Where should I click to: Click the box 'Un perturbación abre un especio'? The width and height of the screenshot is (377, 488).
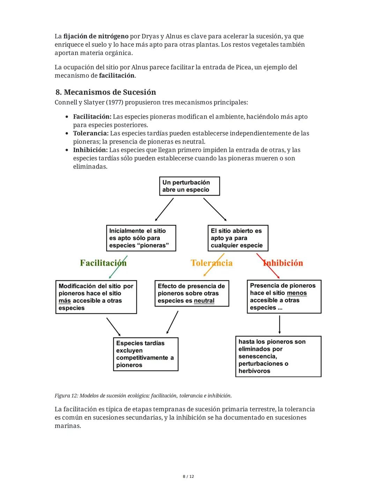click(x=190, y=186)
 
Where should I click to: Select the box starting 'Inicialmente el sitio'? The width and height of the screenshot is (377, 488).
click(x=141, y=238)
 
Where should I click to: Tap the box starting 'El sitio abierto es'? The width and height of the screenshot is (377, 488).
click(x=238, y=238)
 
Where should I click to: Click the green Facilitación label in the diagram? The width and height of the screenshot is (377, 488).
click(x=103, y=263)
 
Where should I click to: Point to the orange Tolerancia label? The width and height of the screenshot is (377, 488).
click(x=212, y=263)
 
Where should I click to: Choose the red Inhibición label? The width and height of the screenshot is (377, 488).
click(x=283, y=263)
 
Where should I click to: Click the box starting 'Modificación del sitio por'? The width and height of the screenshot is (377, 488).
click(x=96, y=297)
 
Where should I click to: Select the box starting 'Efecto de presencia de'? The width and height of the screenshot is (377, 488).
click(x=192, y=293)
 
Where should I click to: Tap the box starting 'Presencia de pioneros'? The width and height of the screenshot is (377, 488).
click(x=284, y=297)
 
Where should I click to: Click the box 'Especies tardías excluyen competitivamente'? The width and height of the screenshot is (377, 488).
click(x=146, y=354)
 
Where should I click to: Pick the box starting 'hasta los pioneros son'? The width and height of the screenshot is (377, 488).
click(x=278, y=356)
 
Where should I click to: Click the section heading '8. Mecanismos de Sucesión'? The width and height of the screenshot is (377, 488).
click(x=105, y=92)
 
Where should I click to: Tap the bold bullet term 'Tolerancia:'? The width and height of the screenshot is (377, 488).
click(x=91, y=133)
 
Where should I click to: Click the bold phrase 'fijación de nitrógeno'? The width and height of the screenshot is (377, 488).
click(x=96, y=36)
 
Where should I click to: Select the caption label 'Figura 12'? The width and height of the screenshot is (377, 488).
click(x=66, y=396)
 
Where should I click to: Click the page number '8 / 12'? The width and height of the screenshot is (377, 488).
click(x=188, y=476)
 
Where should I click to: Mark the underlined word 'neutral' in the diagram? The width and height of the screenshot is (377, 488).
click(x=204, y=301)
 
